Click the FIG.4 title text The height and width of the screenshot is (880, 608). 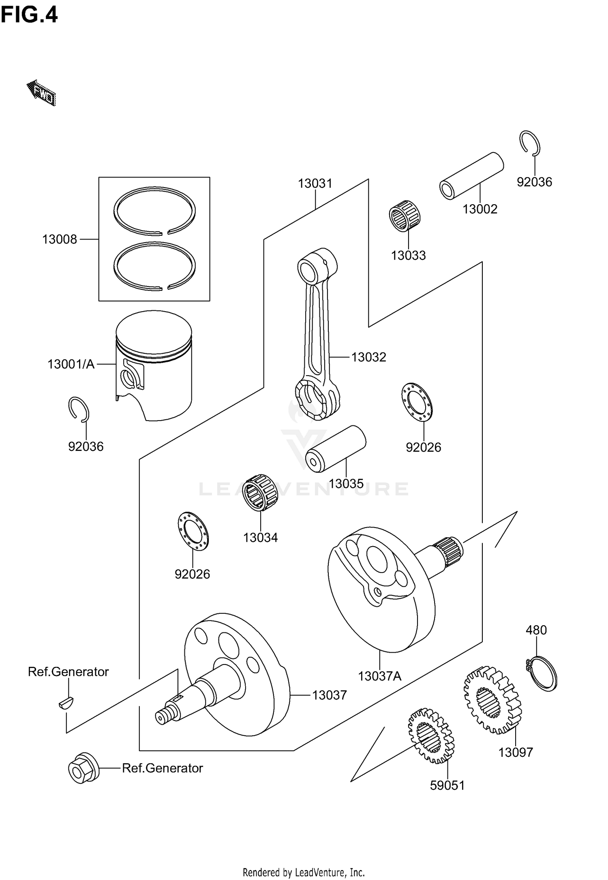tap(29, 15)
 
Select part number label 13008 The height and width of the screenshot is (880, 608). tap(59, 239)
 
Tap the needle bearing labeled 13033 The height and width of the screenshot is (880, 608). tap(405, 216)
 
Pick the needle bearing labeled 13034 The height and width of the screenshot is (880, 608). tap(259, 492)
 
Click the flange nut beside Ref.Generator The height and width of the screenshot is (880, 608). tap(83, 768)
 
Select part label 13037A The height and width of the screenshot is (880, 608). tap(379, 676)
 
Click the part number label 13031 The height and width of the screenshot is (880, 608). tap(315, 184)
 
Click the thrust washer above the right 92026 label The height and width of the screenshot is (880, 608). tap(417, 402)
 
